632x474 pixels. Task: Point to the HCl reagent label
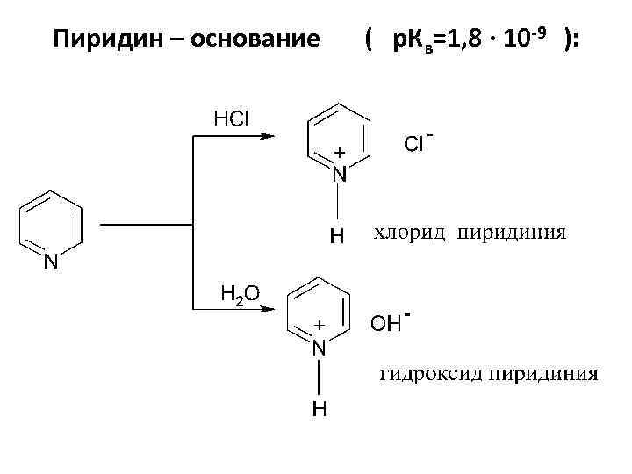232,118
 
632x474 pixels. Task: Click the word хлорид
411,233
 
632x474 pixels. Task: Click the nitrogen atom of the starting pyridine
51,262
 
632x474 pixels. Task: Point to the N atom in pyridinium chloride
339,175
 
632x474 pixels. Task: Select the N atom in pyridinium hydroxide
320,348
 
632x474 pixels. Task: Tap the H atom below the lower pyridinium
320,409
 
